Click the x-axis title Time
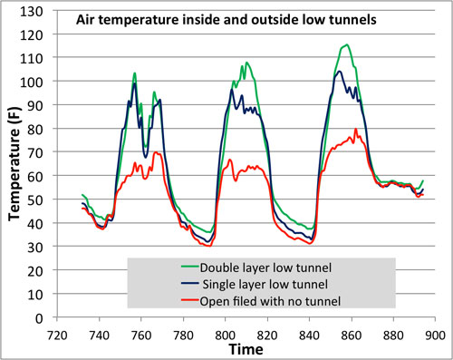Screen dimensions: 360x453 coord(246,349)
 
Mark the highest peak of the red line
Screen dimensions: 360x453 coord(356,129)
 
